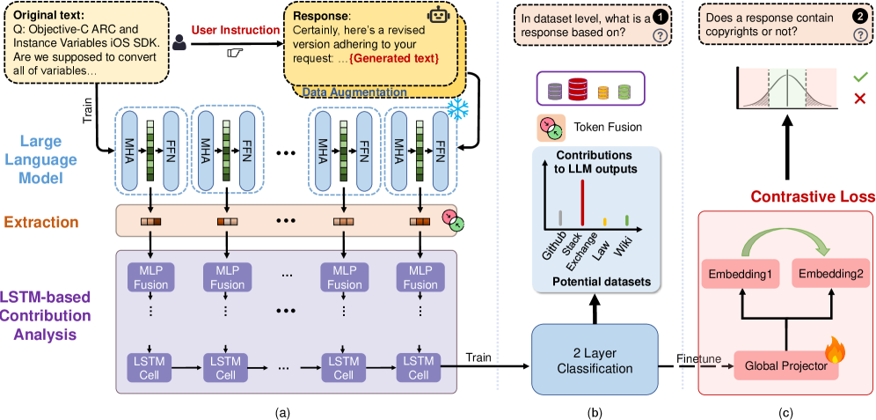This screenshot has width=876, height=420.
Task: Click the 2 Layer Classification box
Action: click(x=595, y=359)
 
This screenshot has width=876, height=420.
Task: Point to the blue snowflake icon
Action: click(x=457, y=108)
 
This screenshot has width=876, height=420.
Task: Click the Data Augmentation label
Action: click(x=354, y=92)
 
